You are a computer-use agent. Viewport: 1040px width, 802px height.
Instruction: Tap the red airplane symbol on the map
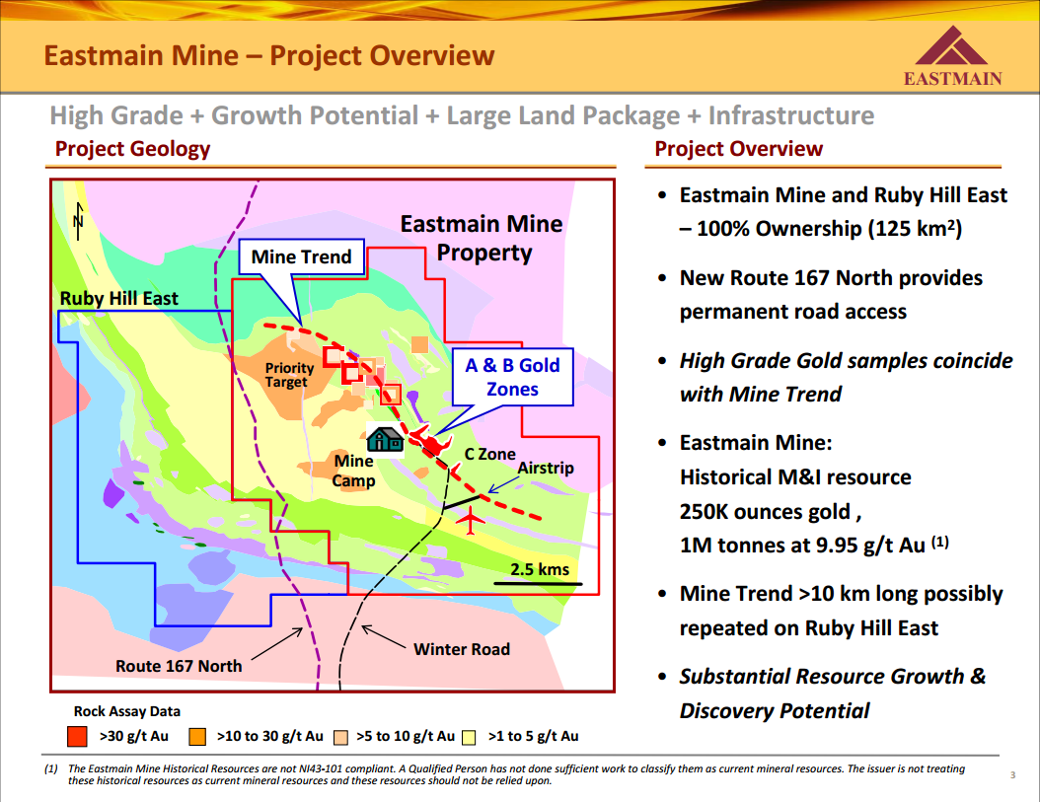click(x=471, y=520)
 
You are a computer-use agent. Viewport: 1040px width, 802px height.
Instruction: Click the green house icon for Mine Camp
click(x=386, y=439)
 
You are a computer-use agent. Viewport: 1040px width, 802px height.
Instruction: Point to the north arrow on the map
click(x=79, y=221)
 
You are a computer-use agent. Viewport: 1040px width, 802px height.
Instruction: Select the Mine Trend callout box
click(x=301, y=256)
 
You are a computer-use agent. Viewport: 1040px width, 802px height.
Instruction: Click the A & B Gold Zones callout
click(x=513, y=377)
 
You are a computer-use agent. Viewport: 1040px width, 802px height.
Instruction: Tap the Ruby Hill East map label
click(x=118, y=299)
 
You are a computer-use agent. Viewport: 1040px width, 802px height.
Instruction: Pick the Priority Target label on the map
click(x=289, y=375)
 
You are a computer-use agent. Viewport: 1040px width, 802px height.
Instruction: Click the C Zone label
click(x=489, y=455)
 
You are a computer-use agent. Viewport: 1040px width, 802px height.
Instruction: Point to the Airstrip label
click(x=546, y=468)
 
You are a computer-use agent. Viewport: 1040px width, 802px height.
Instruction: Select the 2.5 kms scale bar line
click(x=538, y=584)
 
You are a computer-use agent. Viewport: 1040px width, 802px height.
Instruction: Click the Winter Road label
click(x=462, y=649)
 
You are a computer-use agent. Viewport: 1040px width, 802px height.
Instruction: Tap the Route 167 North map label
click(x=179, y=666)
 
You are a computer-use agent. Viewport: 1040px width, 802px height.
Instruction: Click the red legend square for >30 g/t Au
click(x=78, y=736)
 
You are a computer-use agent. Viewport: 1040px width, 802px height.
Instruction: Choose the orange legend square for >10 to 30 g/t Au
click(x=197, y=736)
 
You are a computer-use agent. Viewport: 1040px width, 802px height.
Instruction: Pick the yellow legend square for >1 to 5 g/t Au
click(x=469, y=737)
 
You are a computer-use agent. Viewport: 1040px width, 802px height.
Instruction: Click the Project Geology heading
click(x=132, y=149)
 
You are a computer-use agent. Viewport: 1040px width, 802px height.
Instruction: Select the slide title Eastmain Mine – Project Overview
click(x=269, y=55)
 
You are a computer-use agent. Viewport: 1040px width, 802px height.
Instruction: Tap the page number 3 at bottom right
click(x=1012, y=774)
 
